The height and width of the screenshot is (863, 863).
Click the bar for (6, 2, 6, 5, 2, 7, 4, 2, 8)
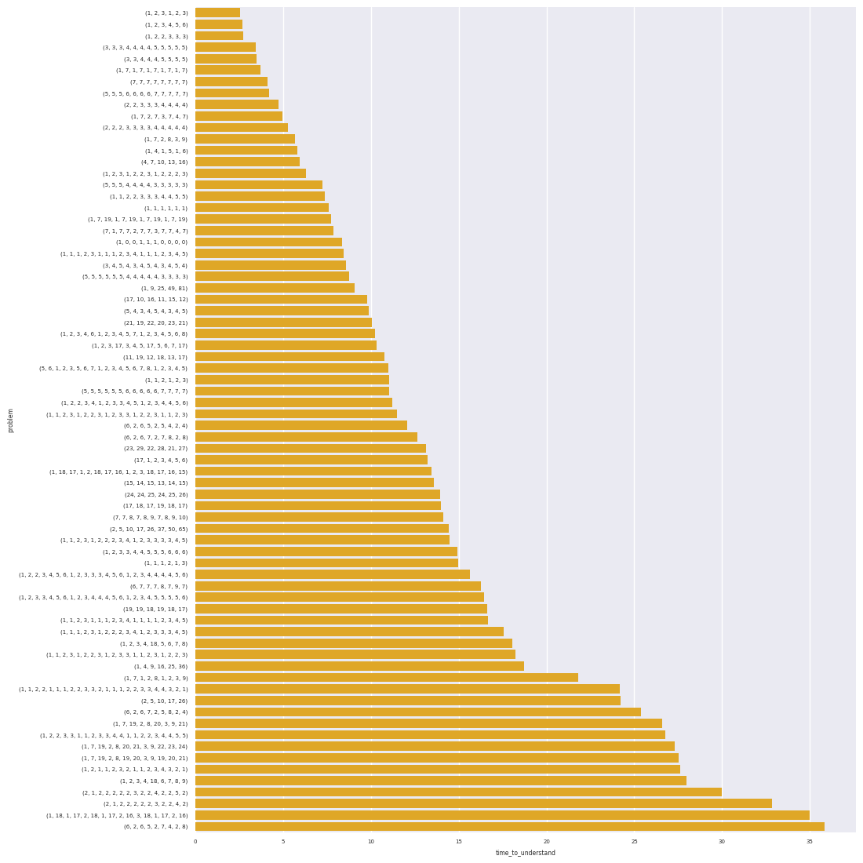pyautogui.click(x=510, y=826)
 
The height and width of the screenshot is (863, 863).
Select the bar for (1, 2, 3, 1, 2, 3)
pyautogui.click(x=217, y=13)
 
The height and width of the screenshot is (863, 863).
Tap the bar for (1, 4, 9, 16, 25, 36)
pyautogui.click(x=359, y=666)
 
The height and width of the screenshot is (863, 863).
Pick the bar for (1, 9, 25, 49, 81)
pyautogui.click(x=275, y=288)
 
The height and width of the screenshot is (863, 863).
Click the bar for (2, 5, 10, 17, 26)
pyautogui.click(x=408, y=701)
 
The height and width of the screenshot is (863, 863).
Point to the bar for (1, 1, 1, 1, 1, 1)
pyautogui.click(x=262, y=208)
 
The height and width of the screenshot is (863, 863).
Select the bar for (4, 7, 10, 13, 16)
pyautogui.click(x=247, y=162)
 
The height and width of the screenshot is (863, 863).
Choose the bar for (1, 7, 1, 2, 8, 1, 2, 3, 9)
pyautogui.click(x=387, y=678)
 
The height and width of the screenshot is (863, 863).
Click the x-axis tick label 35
pyautogui.click(x=810, y=841)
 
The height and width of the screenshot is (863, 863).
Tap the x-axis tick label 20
pyautogui.click(x=547, y=841)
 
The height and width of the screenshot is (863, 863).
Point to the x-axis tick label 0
pyautogui.click(x=195, y=841)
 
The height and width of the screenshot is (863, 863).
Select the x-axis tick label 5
pyautogui.click(x=283, y=841)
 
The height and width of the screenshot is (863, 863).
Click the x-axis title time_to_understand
pyautogui.click(x=525, y=853)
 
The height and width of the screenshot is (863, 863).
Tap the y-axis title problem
pyautogui.click(x=11, y=420)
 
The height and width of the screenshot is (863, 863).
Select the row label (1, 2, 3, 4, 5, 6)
pyautogui.click(x=166, y=24)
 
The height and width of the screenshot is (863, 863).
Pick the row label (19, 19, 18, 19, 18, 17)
pyautogui.click(x=155, y=609)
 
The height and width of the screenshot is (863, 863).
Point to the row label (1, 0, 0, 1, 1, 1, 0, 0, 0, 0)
pyautogui.click(x=151, y=242)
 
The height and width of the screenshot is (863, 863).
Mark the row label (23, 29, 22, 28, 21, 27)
pyautogui.click(x=155, y=449)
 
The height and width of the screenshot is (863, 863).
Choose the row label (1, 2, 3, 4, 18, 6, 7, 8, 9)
pyautogui.click(x=153, y=781)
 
